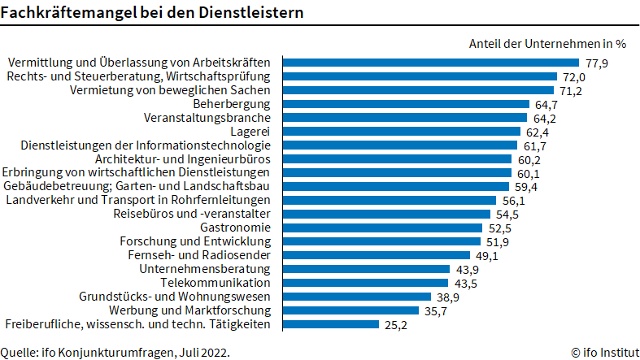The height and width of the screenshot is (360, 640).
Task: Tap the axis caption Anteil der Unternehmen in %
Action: pyautogui.click(x=547, y=43)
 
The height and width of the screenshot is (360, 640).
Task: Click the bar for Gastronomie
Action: pyautogui.click(x=383, y=228)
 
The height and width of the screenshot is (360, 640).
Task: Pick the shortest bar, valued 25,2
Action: pyautogui.click(x=331, y=324)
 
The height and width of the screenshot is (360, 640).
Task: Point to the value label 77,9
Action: pyautogui.click(x=596, y=63)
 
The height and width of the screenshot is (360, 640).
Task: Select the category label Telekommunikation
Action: pyautogui.click(x=215, y=283)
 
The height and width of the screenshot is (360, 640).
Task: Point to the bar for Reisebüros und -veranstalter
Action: pyautogui.click(x=386, y=214)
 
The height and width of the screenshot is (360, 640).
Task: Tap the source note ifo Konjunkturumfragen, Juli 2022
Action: pyautogui.click(x=115, y=352)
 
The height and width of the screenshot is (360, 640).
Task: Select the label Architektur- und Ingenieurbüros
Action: pyautogui.click(x=189, y=158)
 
